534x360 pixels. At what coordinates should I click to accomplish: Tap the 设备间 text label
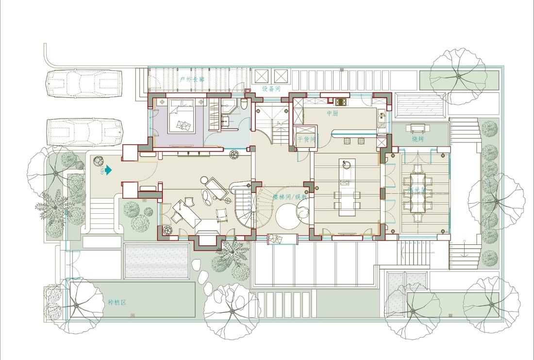point(271,89)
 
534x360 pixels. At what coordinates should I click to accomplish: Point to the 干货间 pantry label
point(306,139)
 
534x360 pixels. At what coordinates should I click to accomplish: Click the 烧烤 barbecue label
point(417,139)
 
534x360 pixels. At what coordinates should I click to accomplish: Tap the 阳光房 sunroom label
point(417,191)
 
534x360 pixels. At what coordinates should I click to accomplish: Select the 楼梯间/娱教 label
point(289,197)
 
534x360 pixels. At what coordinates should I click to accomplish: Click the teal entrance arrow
point(108,170)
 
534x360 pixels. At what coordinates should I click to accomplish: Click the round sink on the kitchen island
point(347,164)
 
